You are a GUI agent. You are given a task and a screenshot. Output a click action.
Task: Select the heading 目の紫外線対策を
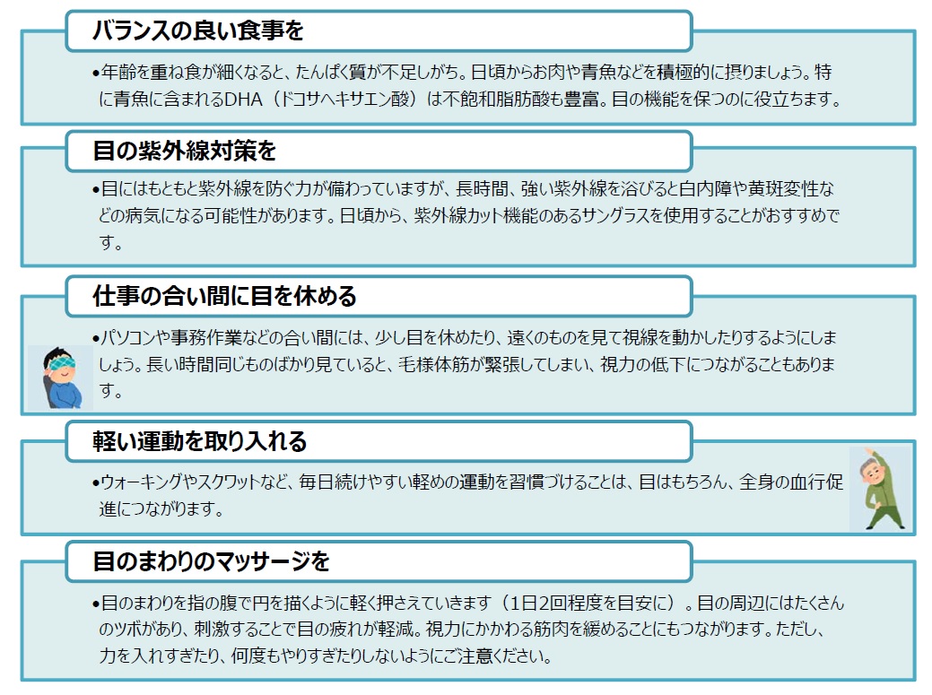pyautogui.click(x=184, y=151)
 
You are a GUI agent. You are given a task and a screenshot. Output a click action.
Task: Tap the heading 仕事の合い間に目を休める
pyautogui.click(x=224, y=296)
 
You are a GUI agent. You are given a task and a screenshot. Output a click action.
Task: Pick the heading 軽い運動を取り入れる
pyautogui.click(x=200, y=441)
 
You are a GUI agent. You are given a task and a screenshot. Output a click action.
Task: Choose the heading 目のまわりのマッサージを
pyautogui.click(x=211, y=561)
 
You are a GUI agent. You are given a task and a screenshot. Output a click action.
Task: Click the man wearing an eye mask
pyautogui.click(x=60, y=378)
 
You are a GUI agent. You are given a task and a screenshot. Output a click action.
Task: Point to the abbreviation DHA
pyautogui.click(x=243, y=100)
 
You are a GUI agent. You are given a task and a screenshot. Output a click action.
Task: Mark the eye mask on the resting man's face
pyautogui.click(x=63, y=363)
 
